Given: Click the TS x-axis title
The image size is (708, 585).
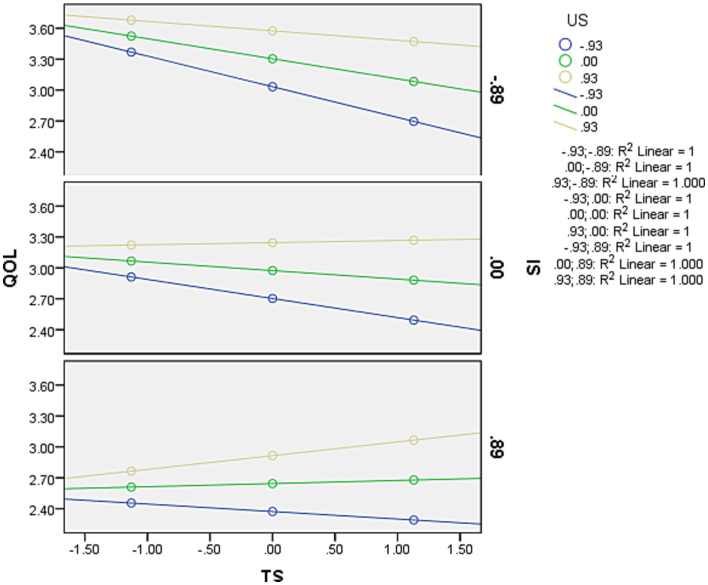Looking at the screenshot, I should click(x=272, y=575).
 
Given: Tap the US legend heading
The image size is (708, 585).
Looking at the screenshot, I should click(x=577, y=20).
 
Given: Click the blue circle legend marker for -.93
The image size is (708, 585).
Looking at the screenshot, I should click(x=565, y=44).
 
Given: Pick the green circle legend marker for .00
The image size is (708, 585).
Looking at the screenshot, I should click(x=565, y=61).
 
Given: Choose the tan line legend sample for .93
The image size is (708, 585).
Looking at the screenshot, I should click(x=565, y=125).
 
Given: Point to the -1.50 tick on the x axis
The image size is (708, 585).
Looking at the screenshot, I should click(x=83, y=549).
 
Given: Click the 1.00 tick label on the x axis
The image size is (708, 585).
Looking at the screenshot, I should click(x=397, y=549).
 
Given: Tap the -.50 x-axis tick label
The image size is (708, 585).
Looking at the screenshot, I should click(x=209, y=549).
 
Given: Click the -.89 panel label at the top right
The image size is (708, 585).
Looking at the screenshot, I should click(x=497, y=89).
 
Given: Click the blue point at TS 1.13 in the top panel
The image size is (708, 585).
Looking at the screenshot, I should click(x=414, y=121).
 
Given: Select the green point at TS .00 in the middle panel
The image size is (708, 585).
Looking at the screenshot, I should click(x=272, y=270).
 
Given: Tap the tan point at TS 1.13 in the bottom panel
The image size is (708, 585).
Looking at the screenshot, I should click(x=414, y=440).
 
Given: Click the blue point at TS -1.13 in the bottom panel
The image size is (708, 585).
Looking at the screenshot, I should click(x=131, y=503).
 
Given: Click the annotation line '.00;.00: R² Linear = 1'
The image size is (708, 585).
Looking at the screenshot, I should click(x=628, y=215).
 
